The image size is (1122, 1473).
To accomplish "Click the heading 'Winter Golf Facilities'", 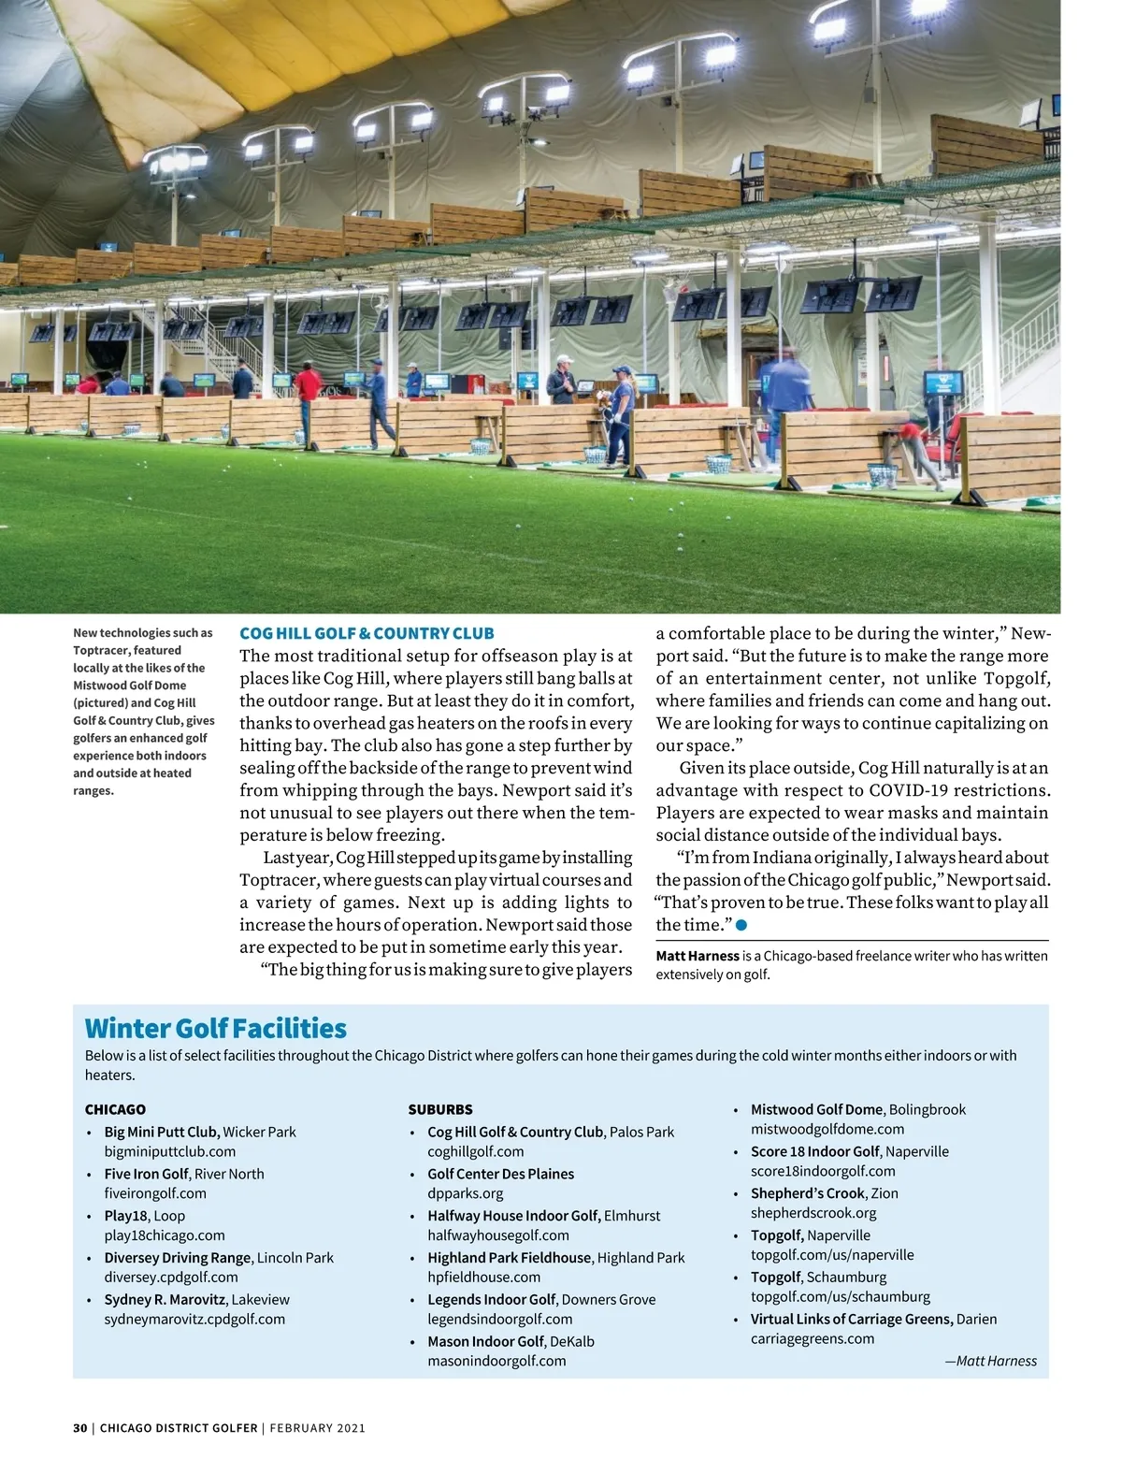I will [x=215, y=1029].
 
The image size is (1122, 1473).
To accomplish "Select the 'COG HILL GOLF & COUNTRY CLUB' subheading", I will [x=367, y=633].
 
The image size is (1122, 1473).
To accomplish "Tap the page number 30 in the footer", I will [x=79, y=1428].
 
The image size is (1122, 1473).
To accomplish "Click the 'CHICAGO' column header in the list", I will [x=115, y=1109].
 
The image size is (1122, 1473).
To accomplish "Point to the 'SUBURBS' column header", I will [x=440, y=1109].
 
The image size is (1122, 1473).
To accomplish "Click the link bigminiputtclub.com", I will [x=170, y=1151].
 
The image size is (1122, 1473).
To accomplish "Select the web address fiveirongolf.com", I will [x=154, y=1193].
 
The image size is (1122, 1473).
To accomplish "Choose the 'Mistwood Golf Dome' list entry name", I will [x=816, y=1109].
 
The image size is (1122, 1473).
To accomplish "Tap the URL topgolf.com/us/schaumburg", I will [x=840, y=1296].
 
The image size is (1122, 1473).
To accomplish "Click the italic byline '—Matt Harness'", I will [x=990, y=1361].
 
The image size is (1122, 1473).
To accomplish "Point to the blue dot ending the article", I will [x=741, y=925].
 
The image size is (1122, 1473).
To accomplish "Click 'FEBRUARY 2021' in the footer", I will [x=317, y=1428].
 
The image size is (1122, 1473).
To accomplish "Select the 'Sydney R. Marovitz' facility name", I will [x=165, y=1299].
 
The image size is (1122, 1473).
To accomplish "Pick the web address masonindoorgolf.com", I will [x=496, y=1361].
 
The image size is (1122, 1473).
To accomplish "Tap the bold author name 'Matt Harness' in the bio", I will [x=698, y=956].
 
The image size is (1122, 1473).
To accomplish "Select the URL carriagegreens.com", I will [x=813, y=1338].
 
